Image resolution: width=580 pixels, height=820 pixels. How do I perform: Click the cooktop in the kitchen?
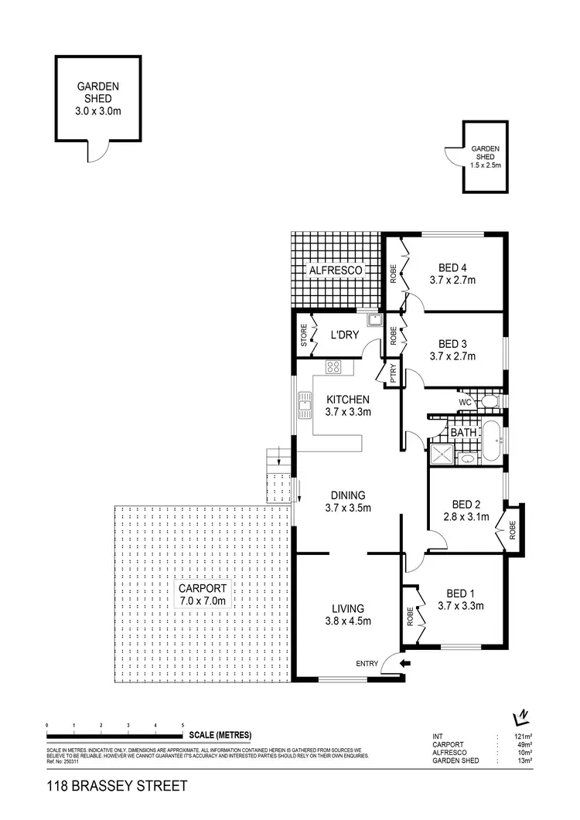334,368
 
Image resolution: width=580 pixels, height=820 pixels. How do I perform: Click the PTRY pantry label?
393,374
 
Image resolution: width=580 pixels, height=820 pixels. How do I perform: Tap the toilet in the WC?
488,401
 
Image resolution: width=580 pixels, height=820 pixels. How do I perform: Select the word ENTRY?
367,663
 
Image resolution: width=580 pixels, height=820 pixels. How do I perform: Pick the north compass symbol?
523,716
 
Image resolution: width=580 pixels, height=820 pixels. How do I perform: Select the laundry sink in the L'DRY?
374,319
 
